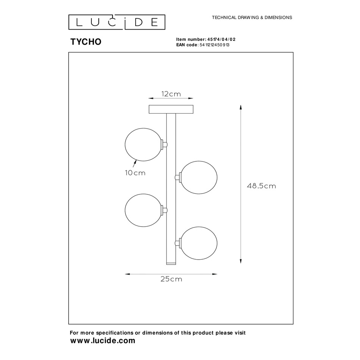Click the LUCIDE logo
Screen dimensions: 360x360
coord(117,22)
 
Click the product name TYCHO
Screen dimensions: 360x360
coord(86,42)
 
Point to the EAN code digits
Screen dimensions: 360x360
coord(214,45)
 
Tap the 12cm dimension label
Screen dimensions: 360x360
coord(171,94)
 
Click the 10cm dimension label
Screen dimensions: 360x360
coord(135,173)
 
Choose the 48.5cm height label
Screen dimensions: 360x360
coord(261,186)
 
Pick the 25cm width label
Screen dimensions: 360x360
coord(171,279)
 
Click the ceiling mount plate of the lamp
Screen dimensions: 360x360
coord(171,109)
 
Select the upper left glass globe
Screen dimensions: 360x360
coord(143,145)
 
